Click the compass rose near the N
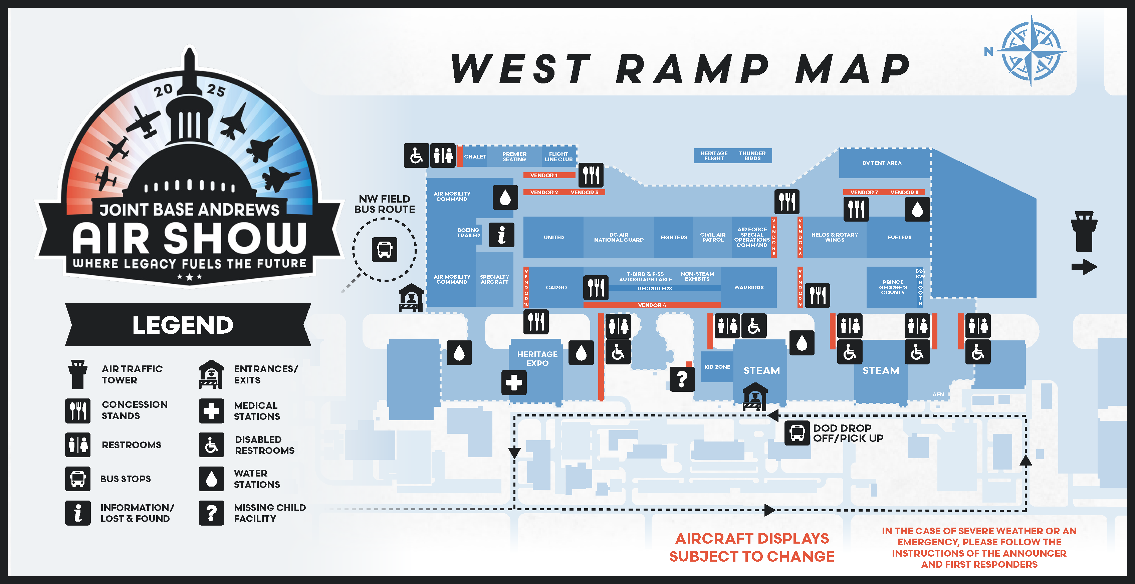pos(1031,51)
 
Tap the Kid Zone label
pos(717,367)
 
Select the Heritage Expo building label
pos(537,358)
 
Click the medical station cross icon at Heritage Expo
pos(514,382)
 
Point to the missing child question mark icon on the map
pos(682,379)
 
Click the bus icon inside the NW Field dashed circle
pos(384,249)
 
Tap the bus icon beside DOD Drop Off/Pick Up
pos(797,432)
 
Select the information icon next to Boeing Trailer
pos(501,234)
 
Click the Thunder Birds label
pos(752,156)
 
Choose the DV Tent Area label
pos(882,163)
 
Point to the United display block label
pos(553,237)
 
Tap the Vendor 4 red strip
pos(652,305)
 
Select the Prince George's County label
pos(893,287)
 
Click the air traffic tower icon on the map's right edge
pos(1084,231)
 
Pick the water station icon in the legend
pos(212,479)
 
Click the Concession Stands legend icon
pos(78,410)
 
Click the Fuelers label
pos(899,237)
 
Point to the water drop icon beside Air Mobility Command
pos(505,197)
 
